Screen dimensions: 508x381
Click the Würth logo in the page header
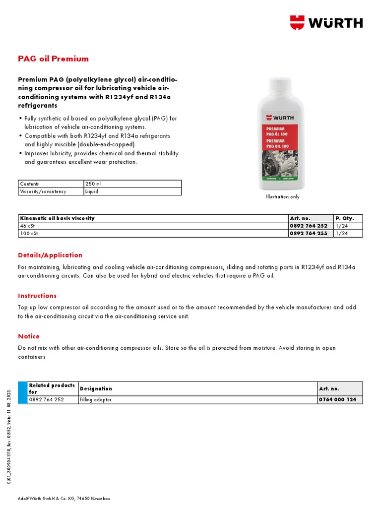coord(326,22)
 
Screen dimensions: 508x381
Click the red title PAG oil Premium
coord(53,59)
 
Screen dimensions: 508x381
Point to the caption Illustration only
coord(283,196)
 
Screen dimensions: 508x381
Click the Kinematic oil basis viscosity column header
coord(57,218)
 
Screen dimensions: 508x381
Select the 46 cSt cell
coord(25,226)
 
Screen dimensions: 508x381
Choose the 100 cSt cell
coord(27,233)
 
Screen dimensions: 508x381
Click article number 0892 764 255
coord(308,233)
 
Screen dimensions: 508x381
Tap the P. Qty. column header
coord(345,218)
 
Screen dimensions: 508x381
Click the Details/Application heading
coord(50,255)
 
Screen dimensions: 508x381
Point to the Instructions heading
coord(37,296)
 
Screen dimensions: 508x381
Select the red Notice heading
coord(29,336)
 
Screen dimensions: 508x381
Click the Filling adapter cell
coord(95,400)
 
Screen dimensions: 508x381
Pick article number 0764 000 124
coord(337,400)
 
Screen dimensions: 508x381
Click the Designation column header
coord(96,388)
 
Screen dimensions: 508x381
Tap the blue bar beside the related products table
coord(22,392)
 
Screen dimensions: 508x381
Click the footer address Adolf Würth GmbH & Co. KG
coord(55,499)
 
